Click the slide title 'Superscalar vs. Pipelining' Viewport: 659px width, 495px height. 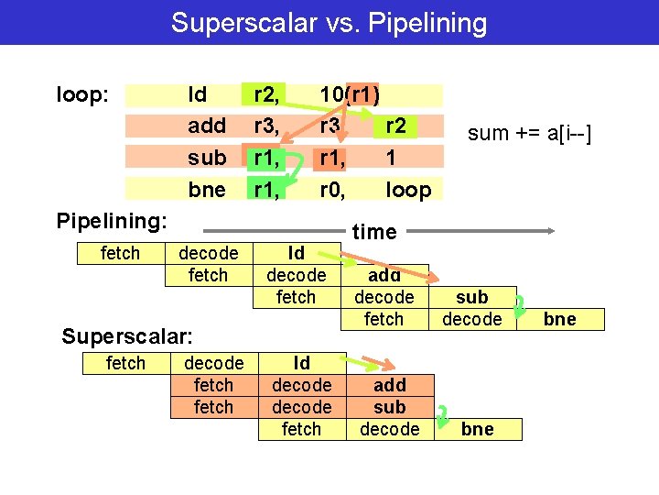(x=329, y=22)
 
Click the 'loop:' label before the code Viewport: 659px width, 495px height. (x=83, y=94)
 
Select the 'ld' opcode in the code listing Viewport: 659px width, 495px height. (x=197, y=94)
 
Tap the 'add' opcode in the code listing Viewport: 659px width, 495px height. (x=206, y=126)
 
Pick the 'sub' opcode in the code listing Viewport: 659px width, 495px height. (x=206, y=158)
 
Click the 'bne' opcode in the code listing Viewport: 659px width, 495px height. (x=206, y=190)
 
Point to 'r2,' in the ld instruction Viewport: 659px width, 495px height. (x=266, y=94)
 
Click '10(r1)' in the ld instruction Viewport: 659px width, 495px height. (x=350, y=94)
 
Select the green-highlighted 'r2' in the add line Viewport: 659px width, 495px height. (x=395, y=126)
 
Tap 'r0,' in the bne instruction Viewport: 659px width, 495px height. (x=331, y=190)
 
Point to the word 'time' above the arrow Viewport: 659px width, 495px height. (x=374, y=232)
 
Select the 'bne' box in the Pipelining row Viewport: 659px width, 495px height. (x=559, y=319)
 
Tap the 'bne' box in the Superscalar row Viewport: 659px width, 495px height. (x=477, y=429)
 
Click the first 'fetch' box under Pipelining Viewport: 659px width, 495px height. (x=120, y=253)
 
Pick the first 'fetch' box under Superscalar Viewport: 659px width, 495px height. (x=125, y=363)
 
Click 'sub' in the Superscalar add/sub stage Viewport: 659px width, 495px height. (x=390, y=407)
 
